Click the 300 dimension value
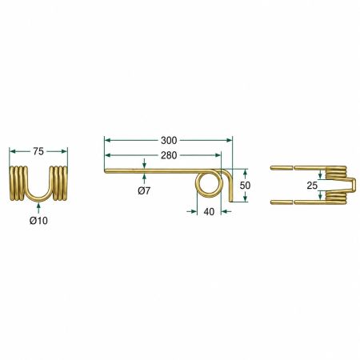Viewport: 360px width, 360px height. click(x=169, y=140)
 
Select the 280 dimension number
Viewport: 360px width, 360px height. click(x=169, y=155)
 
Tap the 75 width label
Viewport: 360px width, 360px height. click(x=38, y=151)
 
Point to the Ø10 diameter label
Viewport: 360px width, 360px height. click(x=38, y=221)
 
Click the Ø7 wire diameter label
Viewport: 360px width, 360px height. click(x=144, y=190)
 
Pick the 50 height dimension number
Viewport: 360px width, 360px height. click(x=245, y=186)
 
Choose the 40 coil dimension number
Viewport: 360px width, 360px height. click(x=209, y=212)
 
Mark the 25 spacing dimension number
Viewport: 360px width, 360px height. click(x=312, y=186)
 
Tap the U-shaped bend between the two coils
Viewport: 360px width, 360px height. click(x=39, y=198)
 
